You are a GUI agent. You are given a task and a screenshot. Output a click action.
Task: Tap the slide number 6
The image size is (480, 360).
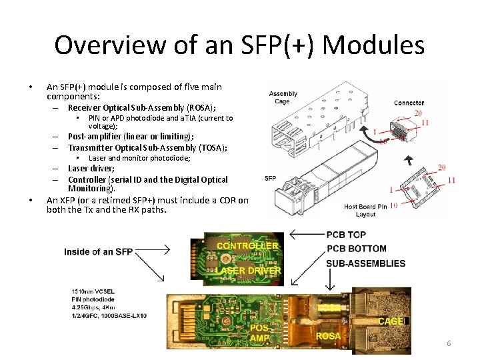449,343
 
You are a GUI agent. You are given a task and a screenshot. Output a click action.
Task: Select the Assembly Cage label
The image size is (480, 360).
283,97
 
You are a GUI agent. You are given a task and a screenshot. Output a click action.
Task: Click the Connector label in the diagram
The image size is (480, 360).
409,103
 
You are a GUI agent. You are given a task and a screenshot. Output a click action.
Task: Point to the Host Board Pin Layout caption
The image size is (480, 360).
365,210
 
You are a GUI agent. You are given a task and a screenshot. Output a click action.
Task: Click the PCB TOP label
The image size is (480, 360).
346,235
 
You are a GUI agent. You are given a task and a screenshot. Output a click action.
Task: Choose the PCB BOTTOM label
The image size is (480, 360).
356,249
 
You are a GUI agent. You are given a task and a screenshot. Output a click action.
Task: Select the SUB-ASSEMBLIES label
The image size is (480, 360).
365,263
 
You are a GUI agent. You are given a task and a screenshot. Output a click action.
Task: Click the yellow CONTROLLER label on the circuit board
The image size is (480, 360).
247,245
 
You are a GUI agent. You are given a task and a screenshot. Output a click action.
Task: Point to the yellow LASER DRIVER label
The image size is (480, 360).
248,271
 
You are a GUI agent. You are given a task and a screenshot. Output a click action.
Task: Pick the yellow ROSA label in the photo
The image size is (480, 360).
328,336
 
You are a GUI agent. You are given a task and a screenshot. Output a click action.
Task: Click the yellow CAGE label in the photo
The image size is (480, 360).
391,321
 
